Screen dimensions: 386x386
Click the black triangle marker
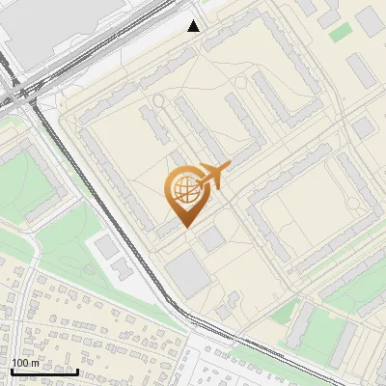click(x=194, y=26)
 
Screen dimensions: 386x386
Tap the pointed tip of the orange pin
click(x=183, y=226)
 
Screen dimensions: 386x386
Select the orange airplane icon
click(x=214, y=176)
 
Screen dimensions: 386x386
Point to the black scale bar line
click(x=44, y=372)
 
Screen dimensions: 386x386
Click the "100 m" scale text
click(x=26, y=362)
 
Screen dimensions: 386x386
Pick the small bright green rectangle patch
click(x=341, y=31)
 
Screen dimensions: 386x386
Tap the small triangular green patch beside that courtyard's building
click(x=284, y=311)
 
